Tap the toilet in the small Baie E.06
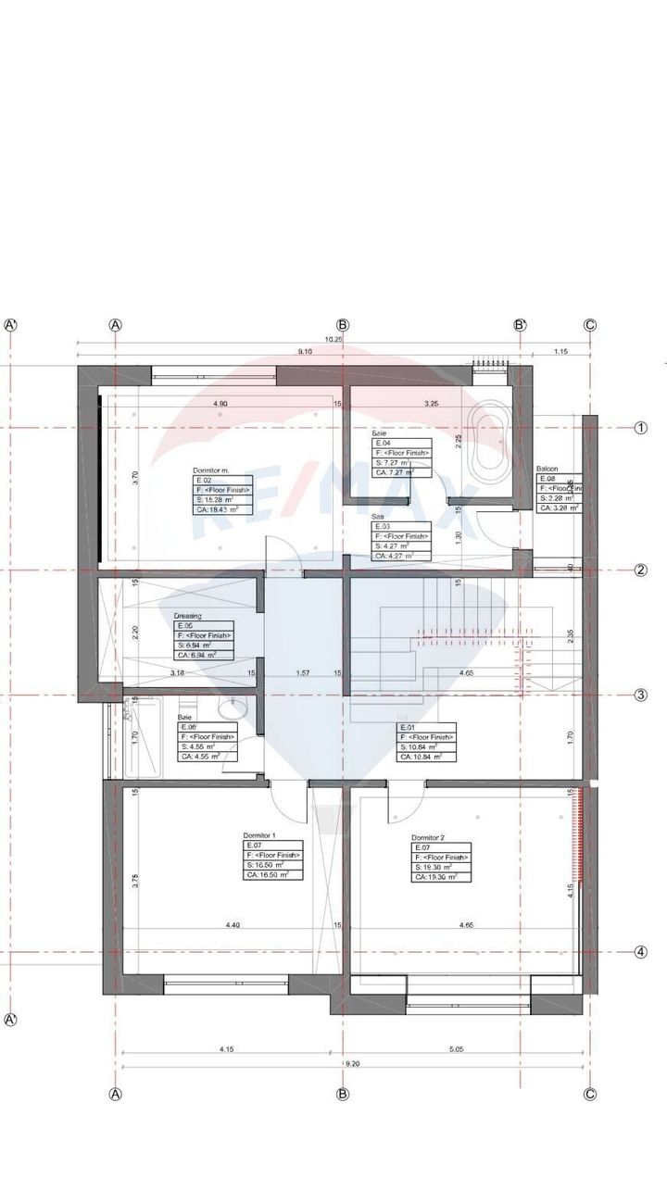point(233,708)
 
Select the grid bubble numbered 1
point(640,428)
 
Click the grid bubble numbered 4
point(640,951)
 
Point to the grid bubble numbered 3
point(640,696)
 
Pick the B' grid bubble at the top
point(521,325)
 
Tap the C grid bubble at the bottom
point(590,1094)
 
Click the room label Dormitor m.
point(210,470)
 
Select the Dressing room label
point(187,615)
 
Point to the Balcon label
point(547,470)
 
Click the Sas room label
point(378,517)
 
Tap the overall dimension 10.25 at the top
point(333,340)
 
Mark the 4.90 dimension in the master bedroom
point(220,404)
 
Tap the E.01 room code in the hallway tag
point(407,727)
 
